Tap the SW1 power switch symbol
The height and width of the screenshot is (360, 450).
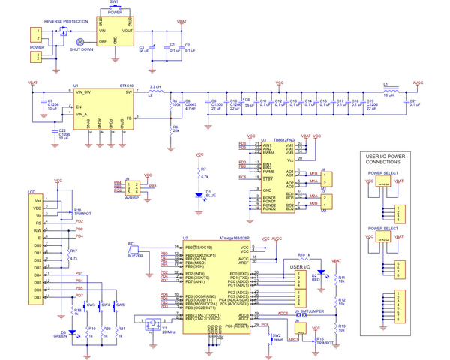(115, 7)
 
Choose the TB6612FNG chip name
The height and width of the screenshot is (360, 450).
(287, 139)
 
